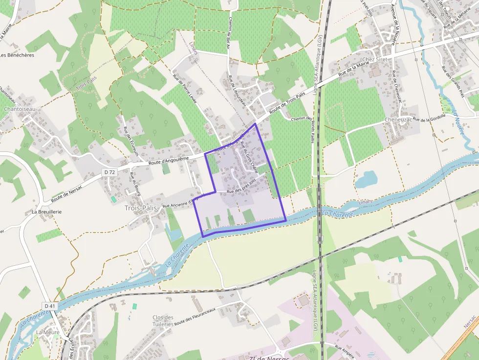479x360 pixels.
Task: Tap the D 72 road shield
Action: (x=109, y=172)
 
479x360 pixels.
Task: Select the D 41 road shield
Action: (x=49, y=306)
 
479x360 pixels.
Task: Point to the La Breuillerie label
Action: (x=47, y=212)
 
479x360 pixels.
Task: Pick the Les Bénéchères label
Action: (x=17, y=55)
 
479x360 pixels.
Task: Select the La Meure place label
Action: (x=47, y=332)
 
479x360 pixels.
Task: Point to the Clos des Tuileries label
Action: (x=163, y=320)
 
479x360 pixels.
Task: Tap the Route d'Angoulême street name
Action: (x=169, y=159)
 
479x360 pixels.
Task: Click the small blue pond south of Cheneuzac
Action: (x=366, y=180)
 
